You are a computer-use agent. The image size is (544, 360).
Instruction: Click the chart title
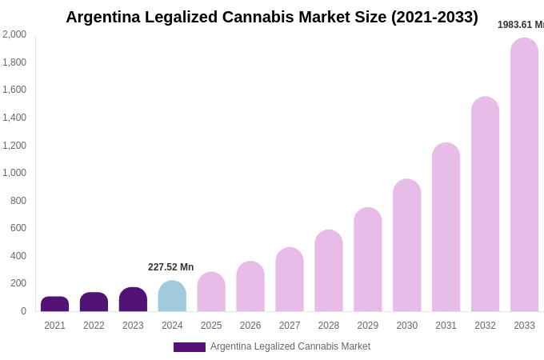click(x=272, y=17)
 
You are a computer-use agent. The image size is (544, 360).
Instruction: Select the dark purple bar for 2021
click(x=54, y=304)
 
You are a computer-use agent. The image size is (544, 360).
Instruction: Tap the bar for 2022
click(x=94, y=302)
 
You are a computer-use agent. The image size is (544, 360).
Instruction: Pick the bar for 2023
click(x=133, y=300)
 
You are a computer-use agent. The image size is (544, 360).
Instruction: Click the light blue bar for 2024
click(x=172, y=297)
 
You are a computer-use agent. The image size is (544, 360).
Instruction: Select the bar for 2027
click(x=290, y=280)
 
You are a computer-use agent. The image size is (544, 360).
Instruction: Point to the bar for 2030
click(x=406, y=246)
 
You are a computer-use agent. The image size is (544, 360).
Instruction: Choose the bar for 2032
click(x=485, y=205)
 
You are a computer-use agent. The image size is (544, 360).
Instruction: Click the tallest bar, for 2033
click(x=524, y=175)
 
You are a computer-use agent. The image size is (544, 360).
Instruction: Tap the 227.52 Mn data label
click(x=170, y=267)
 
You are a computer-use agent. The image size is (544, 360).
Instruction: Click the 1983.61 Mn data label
click(x=521, y=25)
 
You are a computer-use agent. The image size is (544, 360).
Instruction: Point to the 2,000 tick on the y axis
click(x=14, y=34)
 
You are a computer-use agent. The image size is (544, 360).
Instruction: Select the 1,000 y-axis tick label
click(x=14, y=173)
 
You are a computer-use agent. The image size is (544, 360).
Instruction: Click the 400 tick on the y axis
click(x=18, y=256)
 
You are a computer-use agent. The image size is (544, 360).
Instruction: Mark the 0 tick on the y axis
click(x=23, y=311)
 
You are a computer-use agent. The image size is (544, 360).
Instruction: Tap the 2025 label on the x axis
click(x=211, y=326)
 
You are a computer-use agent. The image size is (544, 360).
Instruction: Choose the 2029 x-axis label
click(x=368, y=326)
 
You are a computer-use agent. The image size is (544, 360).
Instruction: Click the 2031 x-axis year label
click(x=446, y=326)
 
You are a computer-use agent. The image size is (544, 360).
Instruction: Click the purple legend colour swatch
click(x=190, y=347)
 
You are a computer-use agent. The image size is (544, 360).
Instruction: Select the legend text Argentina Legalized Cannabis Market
click(x=290, y=346)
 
